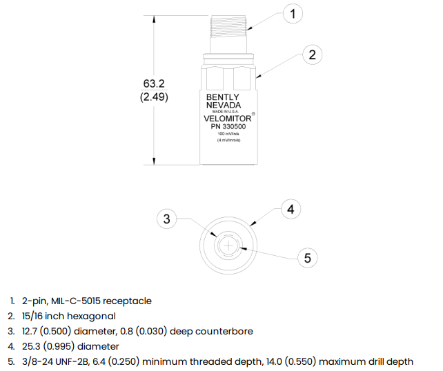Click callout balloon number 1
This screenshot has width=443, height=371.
[293, 14]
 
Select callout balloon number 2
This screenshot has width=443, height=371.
[312, 54]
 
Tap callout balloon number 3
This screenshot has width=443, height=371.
[167, 219]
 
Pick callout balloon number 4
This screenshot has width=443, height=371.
[291, 209]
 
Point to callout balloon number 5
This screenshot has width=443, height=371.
[308, 258]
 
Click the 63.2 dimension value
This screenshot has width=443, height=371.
[154, 83]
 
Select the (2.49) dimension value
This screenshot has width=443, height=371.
[154, 97]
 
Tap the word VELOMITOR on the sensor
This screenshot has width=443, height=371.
[228, 119]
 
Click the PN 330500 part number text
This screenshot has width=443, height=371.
[228, 126]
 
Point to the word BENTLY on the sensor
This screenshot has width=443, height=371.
[223, 97]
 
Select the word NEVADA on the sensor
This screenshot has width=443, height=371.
[224, 106]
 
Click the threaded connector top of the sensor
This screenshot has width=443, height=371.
[228, 23]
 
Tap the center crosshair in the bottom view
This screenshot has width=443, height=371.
[228, 245]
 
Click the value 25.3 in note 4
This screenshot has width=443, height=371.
[30, 346]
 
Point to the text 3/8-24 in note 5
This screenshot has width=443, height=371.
[37, 361]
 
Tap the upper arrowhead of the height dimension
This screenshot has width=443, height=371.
[154, 19]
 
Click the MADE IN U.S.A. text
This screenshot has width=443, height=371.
[226, 112]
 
